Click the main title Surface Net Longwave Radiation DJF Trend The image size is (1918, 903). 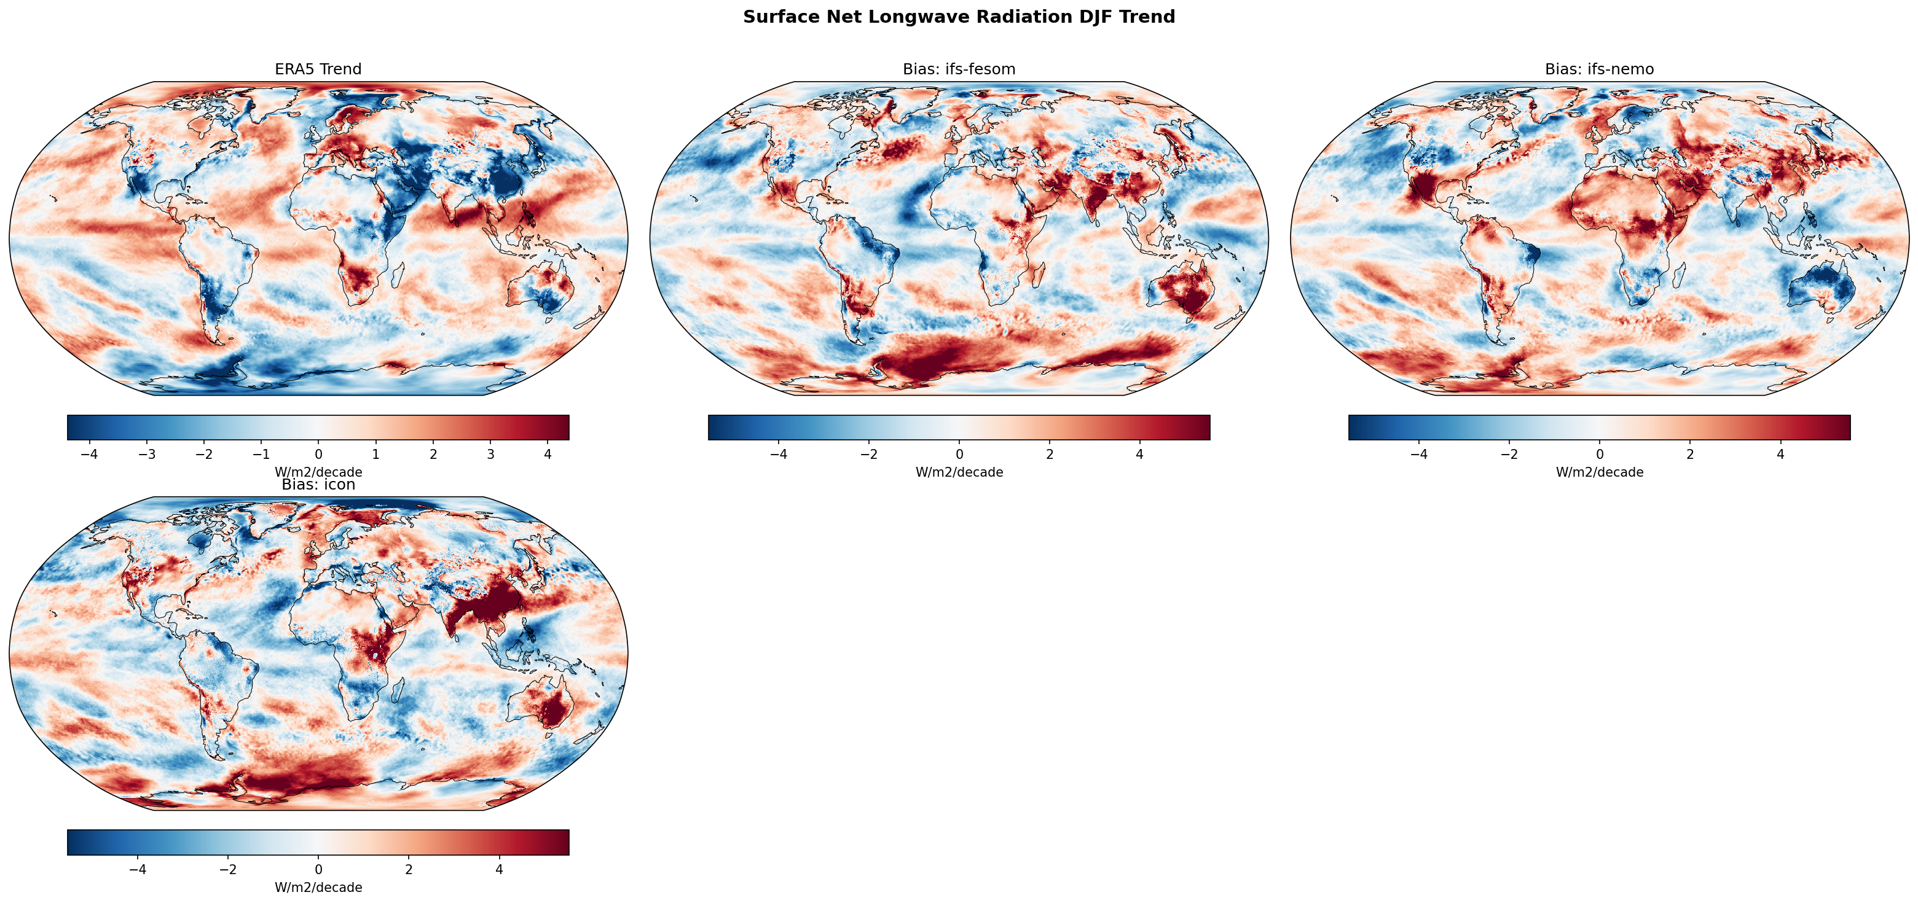point(959,17)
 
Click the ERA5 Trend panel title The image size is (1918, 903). point(318,69)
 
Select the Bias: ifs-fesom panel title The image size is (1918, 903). point(959,69)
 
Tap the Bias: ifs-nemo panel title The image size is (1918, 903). point(1599,69)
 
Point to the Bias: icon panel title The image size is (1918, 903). point(318,485)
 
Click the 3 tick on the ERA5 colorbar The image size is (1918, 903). point(490,454)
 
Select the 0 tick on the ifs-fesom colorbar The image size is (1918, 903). point(959,454)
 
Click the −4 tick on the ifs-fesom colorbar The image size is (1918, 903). point(778,454)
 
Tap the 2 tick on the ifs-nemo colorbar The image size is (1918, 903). point(1690,454)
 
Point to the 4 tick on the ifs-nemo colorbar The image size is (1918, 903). point(1780,454)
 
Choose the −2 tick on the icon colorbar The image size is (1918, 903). point(228,869)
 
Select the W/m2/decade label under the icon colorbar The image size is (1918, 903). point(318,888)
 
